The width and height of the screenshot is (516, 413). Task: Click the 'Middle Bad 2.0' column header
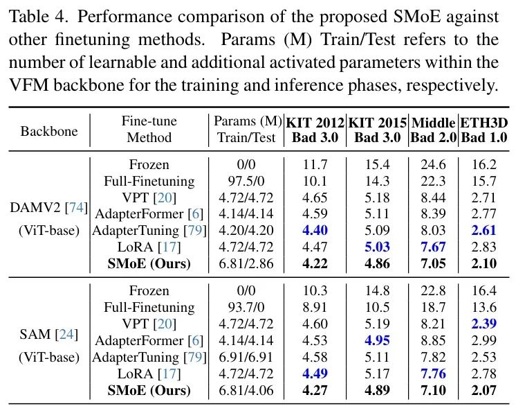click(x=433, y=130)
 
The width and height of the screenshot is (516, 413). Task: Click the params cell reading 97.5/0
click(x=246, y=182)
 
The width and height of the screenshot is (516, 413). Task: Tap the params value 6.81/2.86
click(x=246, y=263)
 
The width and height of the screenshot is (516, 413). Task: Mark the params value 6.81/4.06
click(x=246, y=391)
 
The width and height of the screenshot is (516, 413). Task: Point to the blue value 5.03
click(x=377, y=247)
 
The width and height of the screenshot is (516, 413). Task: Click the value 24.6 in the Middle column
click(x=433, y=166)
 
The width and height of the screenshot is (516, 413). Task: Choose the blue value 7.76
click(x=433, y=375)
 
